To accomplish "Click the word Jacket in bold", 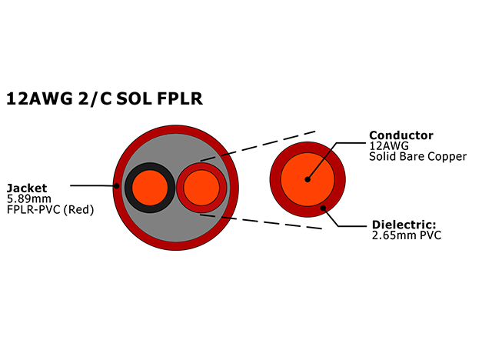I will click(x=27, y=187).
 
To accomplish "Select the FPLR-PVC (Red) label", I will click(x=50, y=209).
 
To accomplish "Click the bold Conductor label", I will click(x=401, y=135).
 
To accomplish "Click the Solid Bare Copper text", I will click(x=417, y=157).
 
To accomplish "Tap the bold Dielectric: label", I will click(x=407, y=225).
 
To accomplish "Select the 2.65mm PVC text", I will click(x=406, y=235).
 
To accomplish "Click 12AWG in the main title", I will click(x=38, y=98).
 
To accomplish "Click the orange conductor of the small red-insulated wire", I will click(x=201, y=187).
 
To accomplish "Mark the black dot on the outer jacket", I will click(x=117, y=185).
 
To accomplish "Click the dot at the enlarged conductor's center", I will click(x=307, y=179).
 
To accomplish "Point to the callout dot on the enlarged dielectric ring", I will click(x=324, y=207).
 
